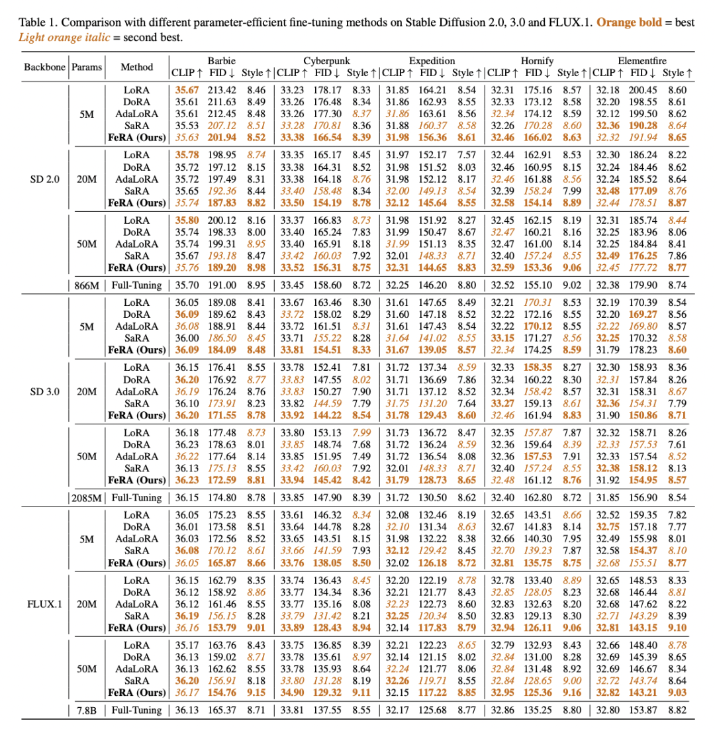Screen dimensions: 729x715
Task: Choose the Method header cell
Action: (x=137, y=67)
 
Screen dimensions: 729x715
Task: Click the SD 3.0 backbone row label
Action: (x=43, y=390)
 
